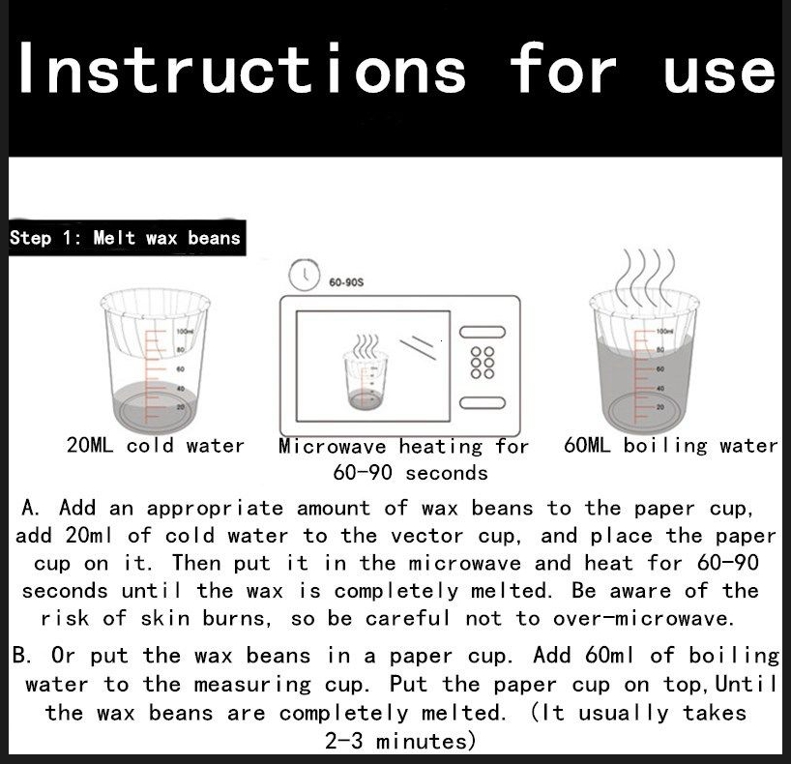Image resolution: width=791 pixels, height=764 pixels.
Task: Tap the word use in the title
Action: click(719, 73)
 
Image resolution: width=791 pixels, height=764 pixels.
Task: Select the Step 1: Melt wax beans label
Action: click(125, 238)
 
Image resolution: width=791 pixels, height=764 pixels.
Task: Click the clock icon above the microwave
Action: click(305, 275)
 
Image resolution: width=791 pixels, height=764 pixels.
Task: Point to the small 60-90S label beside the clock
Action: click(346, 282)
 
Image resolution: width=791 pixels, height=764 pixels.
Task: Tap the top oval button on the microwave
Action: click(483, 332)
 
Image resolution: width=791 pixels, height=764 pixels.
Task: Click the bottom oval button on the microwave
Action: click(483, 402)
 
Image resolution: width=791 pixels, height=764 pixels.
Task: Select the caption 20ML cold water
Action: click(156, 445)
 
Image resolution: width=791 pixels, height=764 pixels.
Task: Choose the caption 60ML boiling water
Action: click(671, 445)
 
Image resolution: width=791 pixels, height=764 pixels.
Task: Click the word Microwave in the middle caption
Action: click(333, 446)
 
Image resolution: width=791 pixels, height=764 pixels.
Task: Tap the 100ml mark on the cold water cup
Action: click(185, 331)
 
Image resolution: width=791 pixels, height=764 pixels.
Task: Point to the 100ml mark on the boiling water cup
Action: click(665, 331)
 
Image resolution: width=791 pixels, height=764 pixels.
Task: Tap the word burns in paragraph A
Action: click(237, 618)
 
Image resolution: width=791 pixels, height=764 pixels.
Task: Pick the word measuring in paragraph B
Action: click(252, 685)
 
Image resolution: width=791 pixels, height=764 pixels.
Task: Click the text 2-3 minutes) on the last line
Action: click(400, 742)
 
